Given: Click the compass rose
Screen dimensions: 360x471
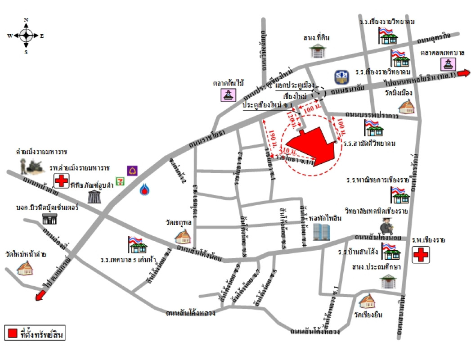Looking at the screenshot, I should pyautogui.click(x=26, y=35).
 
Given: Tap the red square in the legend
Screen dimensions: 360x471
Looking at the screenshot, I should pyautogui.click(x=13, y=333).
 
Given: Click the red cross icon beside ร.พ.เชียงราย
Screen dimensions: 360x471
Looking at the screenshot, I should pyautogui.click(x=421, y=255).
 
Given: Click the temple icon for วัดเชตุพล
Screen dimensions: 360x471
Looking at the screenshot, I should pyautogui.click(x=183, y=236).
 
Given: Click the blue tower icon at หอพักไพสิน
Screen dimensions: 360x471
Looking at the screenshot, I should pyautogui.click(x=322, y=232).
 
